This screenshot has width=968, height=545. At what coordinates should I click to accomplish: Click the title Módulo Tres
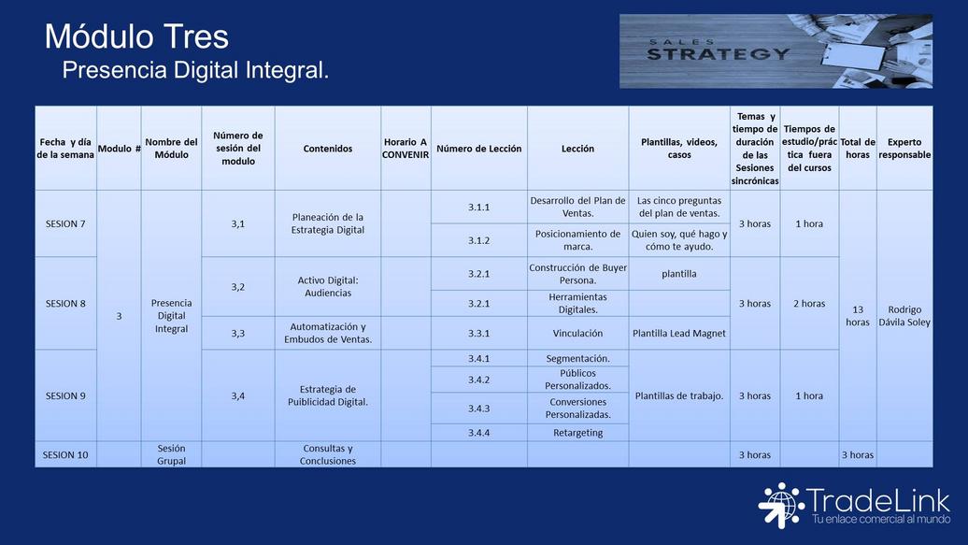(136, 36)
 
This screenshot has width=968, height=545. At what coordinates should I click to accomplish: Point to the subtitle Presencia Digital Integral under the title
(195, 70)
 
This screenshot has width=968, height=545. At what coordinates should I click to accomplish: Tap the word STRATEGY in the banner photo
(718, 54)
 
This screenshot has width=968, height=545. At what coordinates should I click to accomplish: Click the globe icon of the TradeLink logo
(780, 505)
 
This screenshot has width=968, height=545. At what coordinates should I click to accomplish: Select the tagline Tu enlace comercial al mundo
(881, 519)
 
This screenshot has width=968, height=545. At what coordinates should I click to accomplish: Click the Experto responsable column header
(904, 149)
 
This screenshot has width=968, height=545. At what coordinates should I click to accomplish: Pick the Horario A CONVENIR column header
(405, 149)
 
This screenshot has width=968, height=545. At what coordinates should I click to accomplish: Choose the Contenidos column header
(328, 149)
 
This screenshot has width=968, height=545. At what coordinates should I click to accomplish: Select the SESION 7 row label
(65, 223)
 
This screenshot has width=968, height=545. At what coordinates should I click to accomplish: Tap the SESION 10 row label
(65, 454)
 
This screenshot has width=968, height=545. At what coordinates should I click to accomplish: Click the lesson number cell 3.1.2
(479, 240)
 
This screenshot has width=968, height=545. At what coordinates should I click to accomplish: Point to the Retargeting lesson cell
(577, 433)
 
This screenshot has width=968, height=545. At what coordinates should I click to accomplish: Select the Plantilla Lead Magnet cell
(679, 333)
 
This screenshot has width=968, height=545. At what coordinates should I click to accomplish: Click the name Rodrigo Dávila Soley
(904, 316)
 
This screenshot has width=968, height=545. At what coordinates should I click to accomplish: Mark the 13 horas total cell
(858, 316)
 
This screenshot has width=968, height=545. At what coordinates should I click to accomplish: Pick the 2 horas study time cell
(809, 304)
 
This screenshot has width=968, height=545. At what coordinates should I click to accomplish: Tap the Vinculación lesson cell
(577, 333)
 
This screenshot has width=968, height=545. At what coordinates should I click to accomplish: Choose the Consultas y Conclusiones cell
(328, 454)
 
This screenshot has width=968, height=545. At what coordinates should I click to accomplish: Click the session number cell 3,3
(238, 333)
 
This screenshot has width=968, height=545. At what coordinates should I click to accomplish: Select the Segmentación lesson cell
(577, 358)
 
